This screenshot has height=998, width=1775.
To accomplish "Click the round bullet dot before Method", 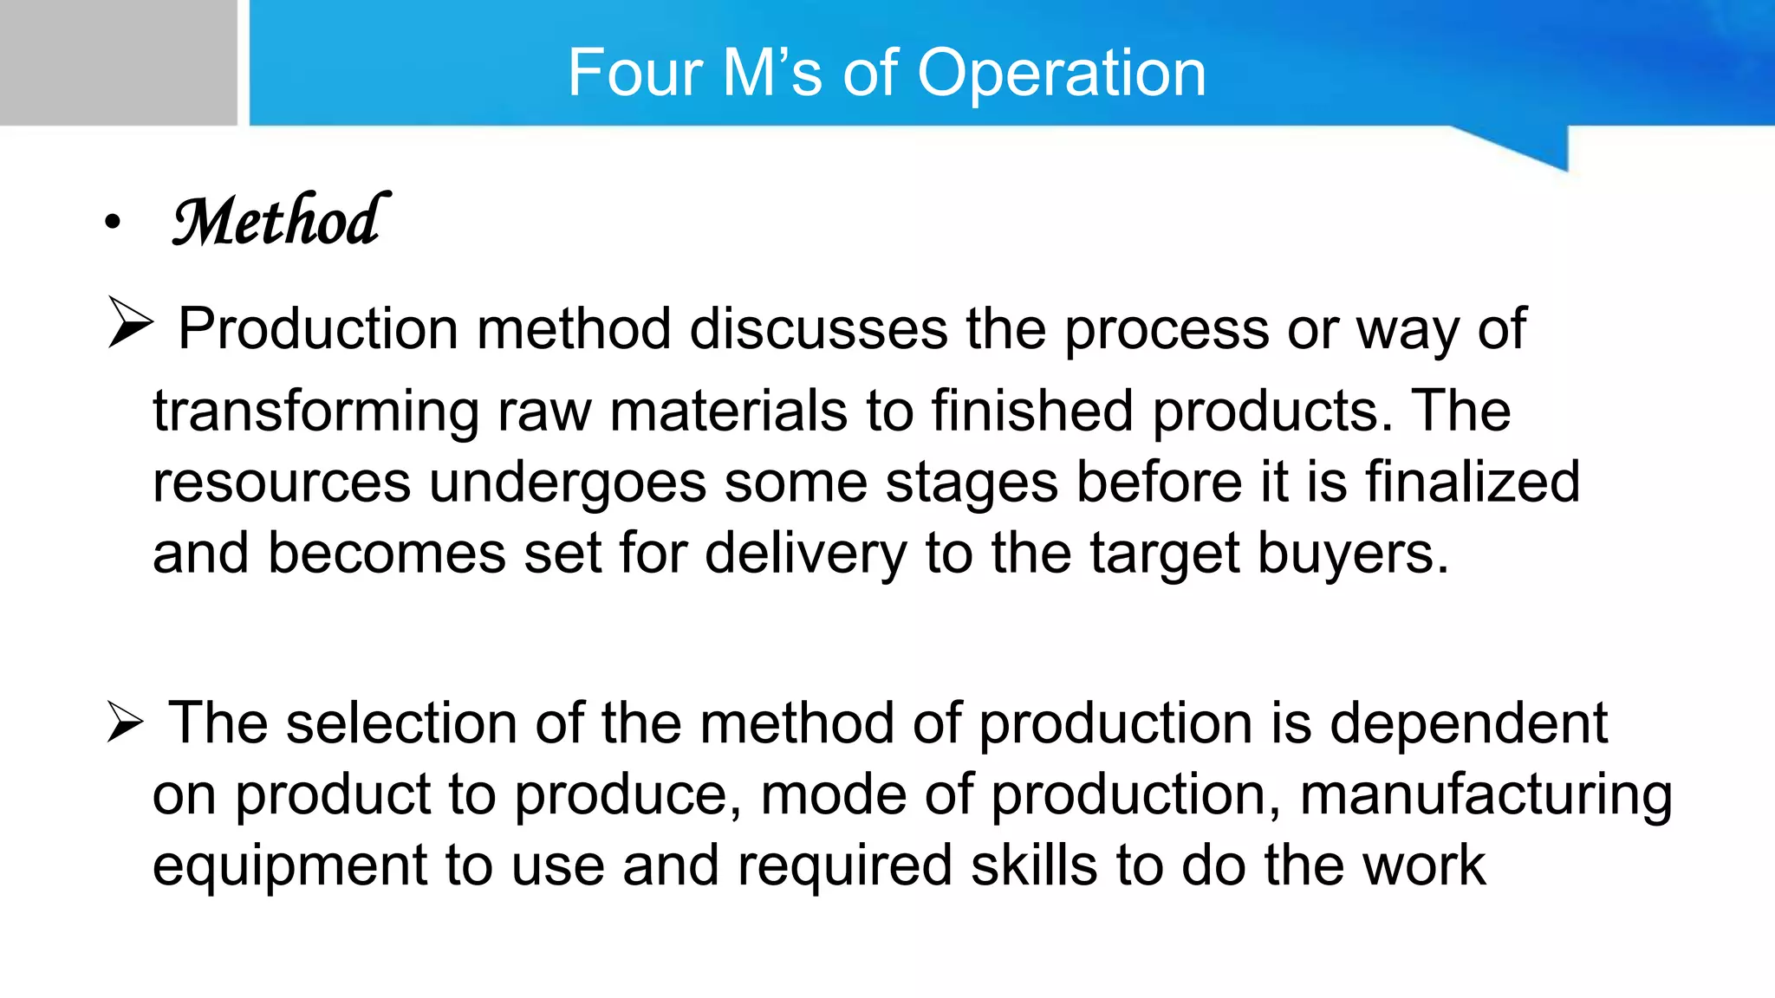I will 113,223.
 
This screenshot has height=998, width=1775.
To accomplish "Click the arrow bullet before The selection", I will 126,722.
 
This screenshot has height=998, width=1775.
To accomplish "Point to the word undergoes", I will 568,483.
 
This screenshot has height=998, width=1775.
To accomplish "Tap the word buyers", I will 1352,554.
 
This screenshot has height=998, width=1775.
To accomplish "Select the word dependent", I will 1468,723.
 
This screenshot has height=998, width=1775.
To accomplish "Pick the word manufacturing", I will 1486,795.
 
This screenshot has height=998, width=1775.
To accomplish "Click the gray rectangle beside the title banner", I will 118,62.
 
